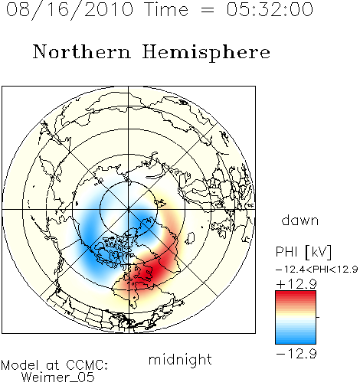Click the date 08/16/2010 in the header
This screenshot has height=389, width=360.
pos(70,10)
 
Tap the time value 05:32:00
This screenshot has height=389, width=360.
pos(270,9)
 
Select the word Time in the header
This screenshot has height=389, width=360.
pos(166,9)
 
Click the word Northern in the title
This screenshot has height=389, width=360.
pos(82,51)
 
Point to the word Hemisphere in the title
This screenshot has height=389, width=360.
pos(206,53)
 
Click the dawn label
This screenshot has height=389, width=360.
pos(300,220)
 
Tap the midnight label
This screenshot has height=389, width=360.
pos(180,359)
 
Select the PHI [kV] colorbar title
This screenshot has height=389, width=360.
pos(303,252)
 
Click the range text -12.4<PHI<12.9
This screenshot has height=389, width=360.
pos(316,270)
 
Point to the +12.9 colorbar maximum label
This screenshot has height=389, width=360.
pos(296,283)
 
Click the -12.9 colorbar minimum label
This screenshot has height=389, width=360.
pos(296,354)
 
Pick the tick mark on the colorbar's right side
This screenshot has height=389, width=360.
pos(318,317)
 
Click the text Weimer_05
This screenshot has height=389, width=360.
pos(58,378)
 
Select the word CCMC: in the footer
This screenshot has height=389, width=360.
pos(87,365)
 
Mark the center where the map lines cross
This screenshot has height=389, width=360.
pos(129,209)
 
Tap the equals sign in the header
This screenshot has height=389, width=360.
pos(208,10)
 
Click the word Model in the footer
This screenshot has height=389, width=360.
pos(20,365)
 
